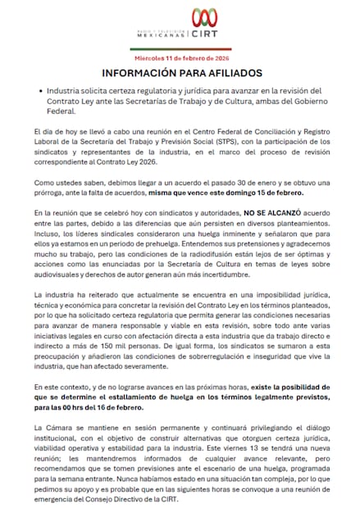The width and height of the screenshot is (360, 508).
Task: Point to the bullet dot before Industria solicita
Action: point(38,90)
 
